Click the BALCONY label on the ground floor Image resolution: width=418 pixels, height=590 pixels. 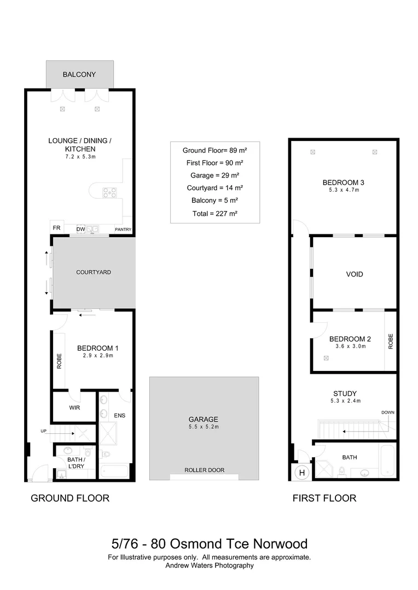(79, 74)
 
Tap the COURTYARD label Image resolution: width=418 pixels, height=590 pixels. (94, 272)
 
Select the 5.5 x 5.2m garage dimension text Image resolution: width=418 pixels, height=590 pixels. (204, 427)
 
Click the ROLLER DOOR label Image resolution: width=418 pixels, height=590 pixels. (204, 470)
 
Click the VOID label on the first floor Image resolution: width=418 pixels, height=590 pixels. (354, 274)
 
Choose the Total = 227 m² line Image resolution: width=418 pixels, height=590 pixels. (214, 214)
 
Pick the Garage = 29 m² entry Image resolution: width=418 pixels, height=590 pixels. (214, 175)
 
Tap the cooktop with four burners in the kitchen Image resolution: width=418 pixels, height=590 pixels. (110, 192)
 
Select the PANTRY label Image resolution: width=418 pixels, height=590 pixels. (123, 229)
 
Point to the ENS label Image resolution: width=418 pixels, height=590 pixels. (119, 416)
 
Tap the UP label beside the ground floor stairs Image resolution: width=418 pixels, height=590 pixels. (44, 431)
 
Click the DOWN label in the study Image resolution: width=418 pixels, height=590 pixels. (387, 412)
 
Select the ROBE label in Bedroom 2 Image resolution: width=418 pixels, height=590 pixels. (391, 341)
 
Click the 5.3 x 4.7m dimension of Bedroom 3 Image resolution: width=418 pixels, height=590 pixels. (343, 190)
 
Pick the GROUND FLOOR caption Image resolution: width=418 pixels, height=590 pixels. (70, 498)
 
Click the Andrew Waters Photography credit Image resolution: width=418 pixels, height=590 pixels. (210, 566)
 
